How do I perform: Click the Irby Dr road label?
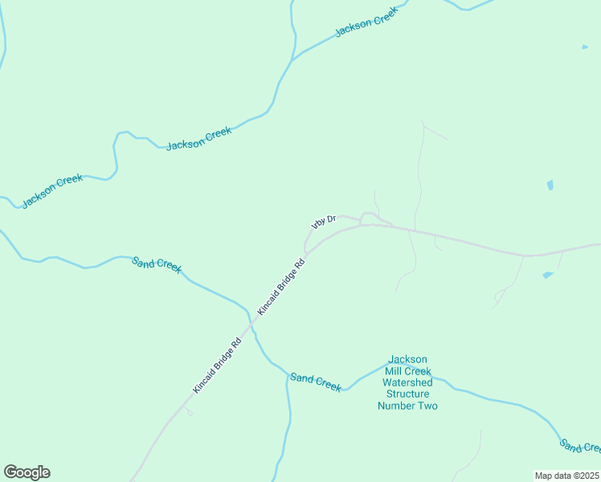tap(322, 222)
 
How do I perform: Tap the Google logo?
tap(27, 472)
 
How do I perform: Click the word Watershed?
tap(407, 382)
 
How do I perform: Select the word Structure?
tap(407, 394)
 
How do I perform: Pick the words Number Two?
tap(407, 406)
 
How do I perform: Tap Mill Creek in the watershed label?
tap(407, 371)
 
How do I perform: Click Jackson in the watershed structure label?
tap(407, 359)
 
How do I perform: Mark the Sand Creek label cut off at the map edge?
tap(580, 447)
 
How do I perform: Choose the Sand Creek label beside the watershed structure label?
tap(316, 382)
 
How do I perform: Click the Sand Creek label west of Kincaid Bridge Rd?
tap(157, 264)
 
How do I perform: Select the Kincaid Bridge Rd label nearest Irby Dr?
tap(281, 286)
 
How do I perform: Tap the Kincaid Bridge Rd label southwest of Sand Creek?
tap(217, 365)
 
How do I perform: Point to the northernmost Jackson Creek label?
tap(366, 24)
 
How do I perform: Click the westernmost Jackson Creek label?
tap(52, 191)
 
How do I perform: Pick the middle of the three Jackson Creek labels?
tap(198, 137)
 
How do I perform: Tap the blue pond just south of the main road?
tap(548, 275)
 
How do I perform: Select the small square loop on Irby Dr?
tap(366, 218)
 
